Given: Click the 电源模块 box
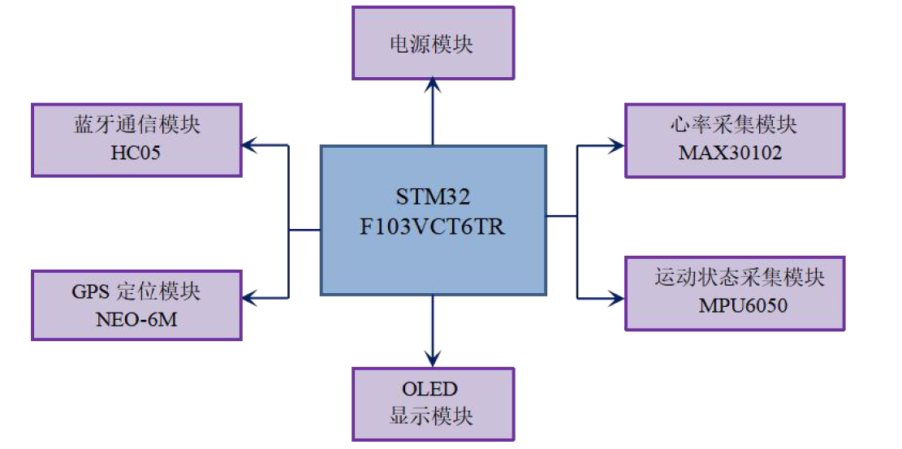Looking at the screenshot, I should click(433, 43).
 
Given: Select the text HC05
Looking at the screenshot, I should click(136, 152).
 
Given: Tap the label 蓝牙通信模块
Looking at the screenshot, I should click(136, 126).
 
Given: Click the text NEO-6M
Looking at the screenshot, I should click(136, 320).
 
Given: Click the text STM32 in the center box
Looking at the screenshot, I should click(433, 197).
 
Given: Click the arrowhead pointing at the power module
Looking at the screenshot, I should click(433, 84).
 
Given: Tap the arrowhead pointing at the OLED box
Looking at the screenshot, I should click(433, 360).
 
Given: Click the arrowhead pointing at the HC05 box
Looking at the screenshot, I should click(248, 146).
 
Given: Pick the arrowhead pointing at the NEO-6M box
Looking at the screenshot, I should click(248, 297).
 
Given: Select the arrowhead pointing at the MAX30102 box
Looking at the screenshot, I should click(617, 146).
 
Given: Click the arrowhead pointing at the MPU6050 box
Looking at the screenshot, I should click(617, 298).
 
